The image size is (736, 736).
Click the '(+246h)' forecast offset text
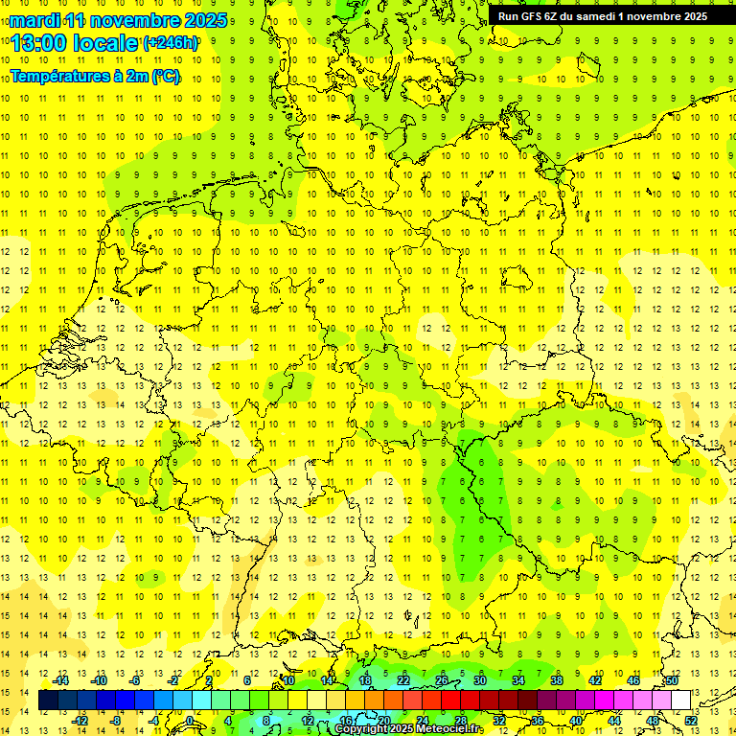171,42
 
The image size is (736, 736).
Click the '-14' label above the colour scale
60,680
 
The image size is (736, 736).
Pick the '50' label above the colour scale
673,680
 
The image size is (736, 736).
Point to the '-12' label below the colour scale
80,721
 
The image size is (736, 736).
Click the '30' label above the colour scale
479,680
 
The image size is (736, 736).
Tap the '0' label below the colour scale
190,721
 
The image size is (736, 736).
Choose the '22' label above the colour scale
402,680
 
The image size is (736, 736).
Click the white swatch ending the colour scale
680,701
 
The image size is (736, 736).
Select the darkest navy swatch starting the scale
48,701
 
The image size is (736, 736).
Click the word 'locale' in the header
107,42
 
